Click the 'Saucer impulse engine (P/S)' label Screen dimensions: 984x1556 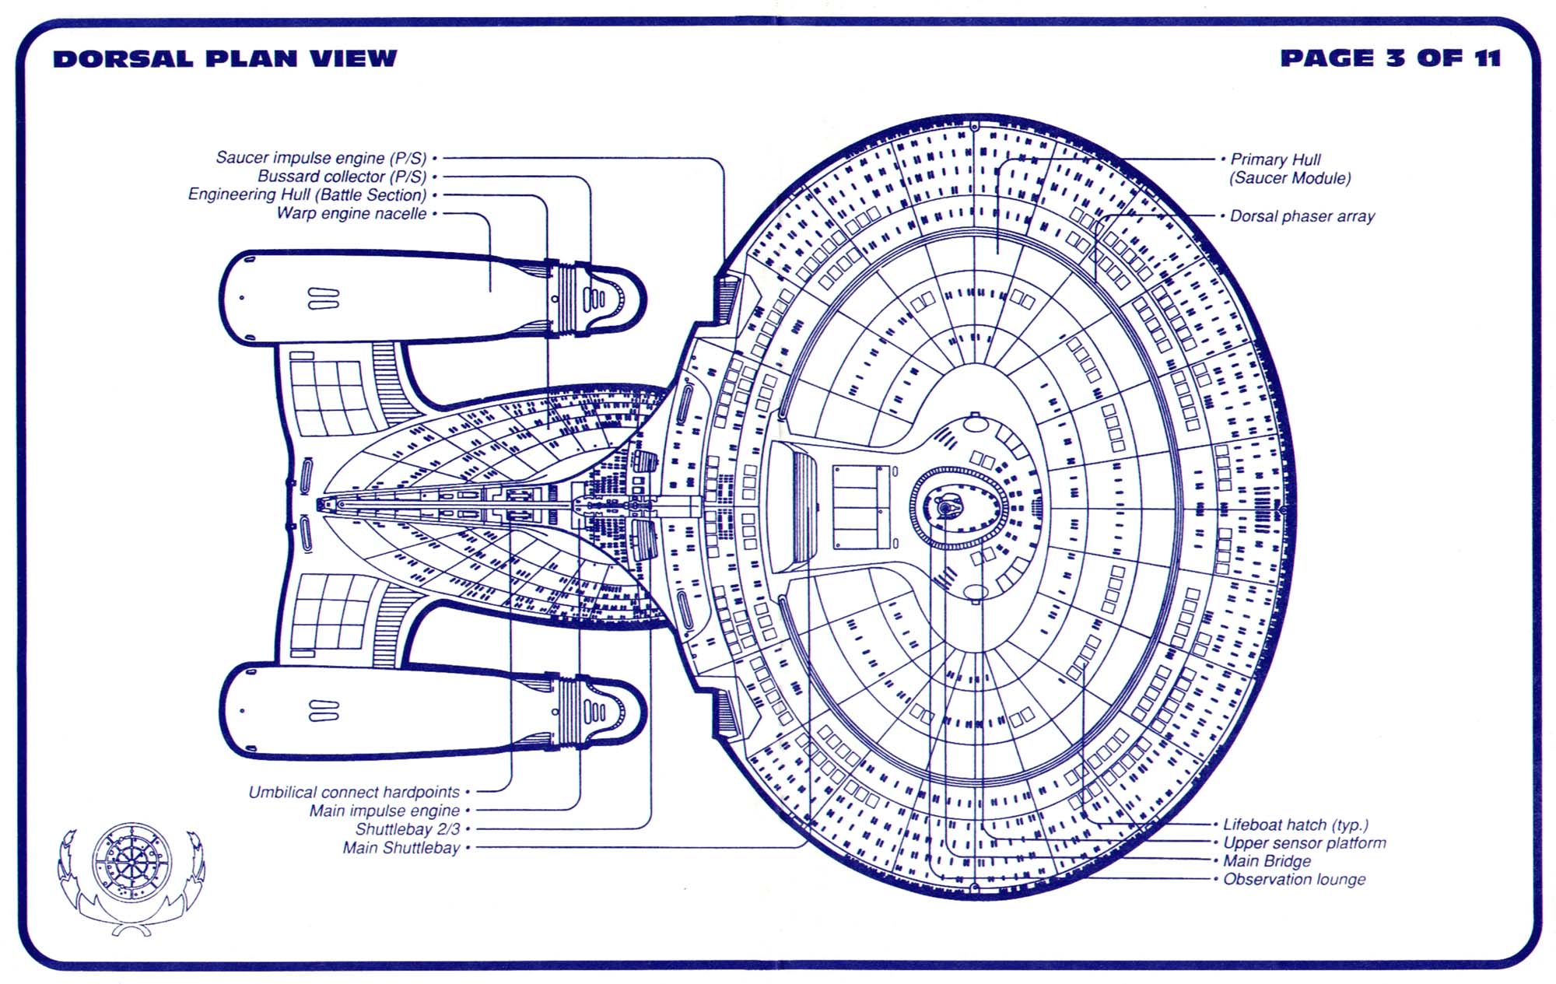pos(321,158)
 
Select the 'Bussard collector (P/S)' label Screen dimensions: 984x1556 pos(342,177)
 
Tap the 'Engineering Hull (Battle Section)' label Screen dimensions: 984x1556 pos(307,194)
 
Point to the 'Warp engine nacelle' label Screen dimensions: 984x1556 pos(352,213)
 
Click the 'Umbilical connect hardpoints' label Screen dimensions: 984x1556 pos(354,792)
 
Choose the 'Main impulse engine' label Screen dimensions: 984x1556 pos(384,811)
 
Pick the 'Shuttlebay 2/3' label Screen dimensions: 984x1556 pos(408,829)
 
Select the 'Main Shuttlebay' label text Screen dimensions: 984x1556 pos(401,848)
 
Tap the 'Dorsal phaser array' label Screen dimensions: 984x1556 pos(1302,216)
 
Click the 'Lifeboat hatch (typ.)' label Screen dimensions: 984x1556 pos(1295,825)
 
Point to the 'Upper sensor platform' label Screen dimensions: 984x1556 pos(1304,842)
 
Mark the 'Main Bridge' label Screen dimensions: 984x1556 pos(1267,861)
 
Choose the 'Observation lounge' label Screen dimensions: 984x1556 pos(1294,880)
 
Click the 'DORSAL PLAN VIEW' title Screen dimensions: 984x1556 pos(225,58)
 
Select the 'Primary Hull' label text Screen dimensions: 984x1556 pos(1275,159)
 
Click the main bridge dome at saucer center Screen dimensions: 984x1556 pos(946,508)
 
